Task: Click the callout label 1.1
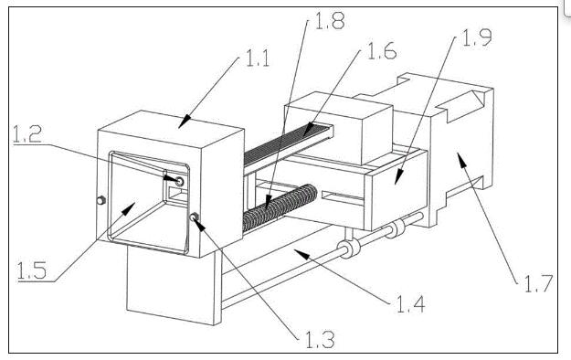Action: coord(258,58)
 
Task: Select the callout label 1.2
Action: coord(27,134)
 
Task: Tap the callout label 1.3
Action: coord(320,340)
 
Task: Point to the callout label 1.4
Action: coord(410,304)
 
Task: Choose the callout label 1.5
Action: coord(32,270)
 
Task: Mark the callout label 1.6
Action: coord(382,50)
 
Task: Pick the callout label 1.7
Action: coord(539,283)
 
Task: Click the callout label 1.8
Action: coord(329,20)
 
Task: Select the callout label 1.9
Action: coord(477,37)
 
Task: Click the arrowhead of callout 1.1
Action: coord(184,122)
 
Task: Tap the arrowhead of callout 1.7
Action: coord(461,160)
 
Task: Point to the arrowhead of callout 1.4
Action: coord(301,254)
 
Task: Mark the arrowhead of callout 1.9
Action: coord(398,177)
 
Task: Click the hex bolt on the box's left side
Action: coord(100,200)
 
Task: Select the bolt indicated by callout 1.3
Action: coord(194,217)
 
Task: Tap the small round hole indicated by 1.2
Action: coord(180,181)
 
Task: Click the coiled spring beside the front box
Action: coord(280,207)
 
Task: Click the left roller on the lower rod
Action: coord(349,248)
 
